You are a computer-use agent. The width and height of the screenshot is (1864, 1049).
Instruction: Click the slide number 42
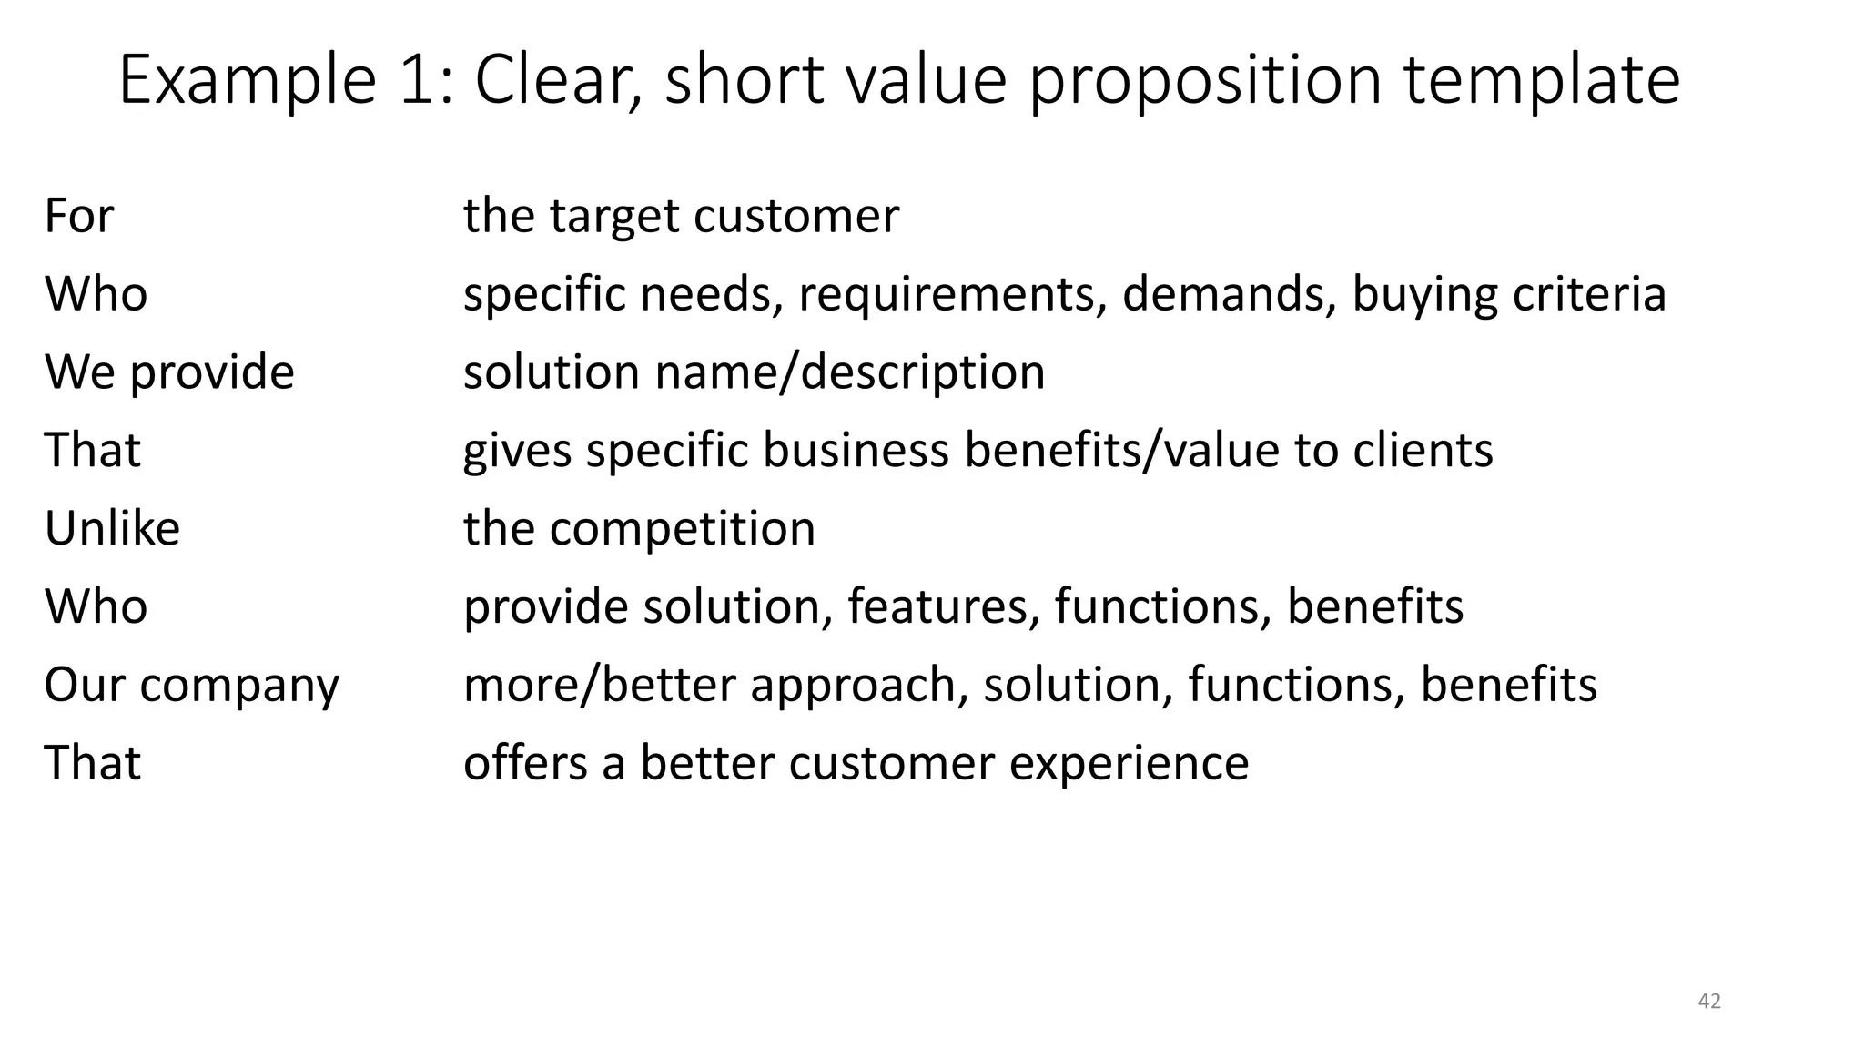(x=1709, y=1001)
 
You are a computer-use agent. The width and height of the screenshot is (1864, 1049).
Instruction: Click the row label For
(x=79, y=216)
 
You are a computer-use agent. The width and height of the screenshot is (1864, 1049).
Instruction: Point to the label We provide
(x=169, y=372)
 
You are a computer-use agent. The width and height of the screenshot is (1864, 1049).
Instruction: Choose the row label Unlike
(x=112, y=528)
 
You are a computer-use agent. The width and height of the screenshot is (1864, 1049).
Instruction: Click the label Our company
(x=191, y=685)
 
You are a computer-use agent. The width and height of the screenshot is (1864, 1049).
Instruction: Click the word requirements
(x=952, y=294)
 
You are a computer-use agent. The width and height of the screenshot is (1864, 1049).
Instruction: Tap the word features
(x=943, y=606)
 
